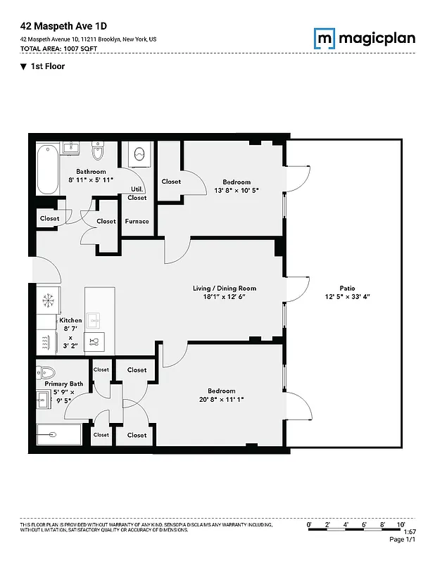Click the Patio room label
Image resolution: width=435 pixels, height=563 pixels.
(x=346, y=287)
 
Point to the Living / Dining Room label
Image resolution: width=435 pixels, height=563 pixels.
(x=225, y=288)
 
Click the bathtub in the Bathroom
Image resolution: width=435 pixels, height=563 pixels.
(x=48, y=169)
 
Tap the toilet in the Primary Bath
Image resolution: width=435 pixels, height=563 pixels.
(x=47, y=372)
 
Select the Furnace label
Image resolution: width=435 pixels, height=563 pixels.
(x=137, y=221)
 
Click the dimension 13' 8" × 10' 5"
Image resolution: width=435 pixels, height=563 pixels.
(x=231, y=190)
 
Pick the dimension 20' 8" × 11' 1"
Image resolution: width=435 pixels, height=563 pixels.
(x=221, y=400)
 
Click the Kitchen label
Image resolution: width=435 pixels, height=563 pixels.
(x=70, y=320)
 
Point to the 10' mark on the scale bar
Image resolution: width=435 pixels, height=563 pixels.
(x=401, y=525)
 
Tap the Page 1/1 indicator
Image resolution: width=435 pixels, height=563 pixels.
(x=402, y=540)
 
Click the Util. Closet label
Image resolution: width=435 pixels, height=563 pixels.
(x=137, y=194)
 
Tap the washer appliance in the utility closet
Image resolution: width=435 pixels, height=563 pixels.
(x=139, y=153)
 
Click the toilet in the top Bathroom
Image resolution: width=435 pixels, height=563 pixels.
(x=99, y=151)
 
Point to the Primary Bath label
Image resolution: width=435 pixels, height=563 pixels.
(x=64, y=384)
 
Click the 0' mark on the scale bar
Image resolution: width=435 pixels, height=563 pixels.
(x=310, y=525)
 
